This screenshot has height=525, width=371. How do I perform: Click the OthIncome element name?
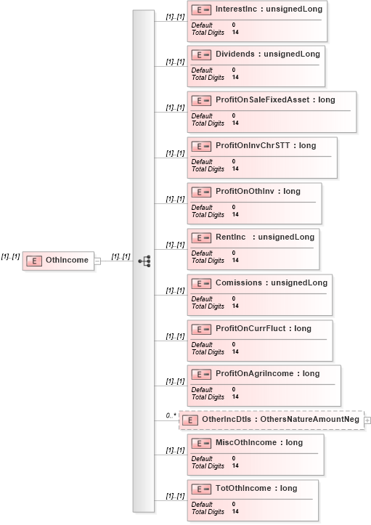[67, 260]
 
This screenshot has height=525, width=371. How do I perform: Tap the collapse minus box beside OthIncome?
[97, 261]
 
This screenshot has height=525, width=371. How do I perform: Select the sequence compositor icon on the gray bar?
[144, 261]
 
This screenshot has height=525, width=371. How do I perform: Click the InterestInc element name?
[237, 9]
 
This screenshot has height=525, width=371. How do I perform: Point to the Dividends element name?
[235, 54]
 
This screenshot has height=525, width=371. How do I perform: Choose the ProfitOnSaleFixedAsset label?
[263, 99]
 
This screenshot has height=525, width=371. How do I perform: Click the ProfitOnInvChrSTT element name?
[253, 146]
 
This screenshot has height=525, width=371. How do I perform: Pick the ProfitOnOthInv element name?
[245, 191]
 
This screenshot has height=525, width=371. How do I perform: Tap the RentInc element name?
[231, 237]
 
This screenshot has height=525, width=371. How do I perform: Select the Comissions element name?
[239, 283]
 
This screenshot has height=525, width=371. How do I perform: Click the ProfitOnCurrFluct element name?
[250, 328]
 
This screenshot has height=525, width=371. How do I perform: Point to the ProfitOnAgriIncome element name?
[255, 374]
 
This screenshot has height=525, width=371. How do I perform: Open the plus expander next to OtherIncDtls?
[367, 420]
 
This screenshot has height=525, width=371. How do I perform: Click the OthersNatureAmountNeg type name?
[310, 419]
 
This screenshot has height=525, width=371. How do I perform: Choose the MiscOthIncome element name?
[246, 443]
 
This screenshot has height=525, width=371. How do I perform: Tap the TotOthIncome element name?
[243, 488]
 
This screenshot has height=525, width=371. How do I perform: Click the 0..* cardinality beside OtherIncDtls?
[171, 415]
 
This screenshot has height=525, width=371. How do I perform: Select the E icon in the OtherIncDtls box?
[189, 420]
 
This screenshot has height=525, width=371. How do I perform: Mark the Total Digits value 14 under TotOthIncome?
[235, 511]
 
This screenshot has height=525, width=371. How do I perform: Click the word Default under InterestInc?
[202, 25]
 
